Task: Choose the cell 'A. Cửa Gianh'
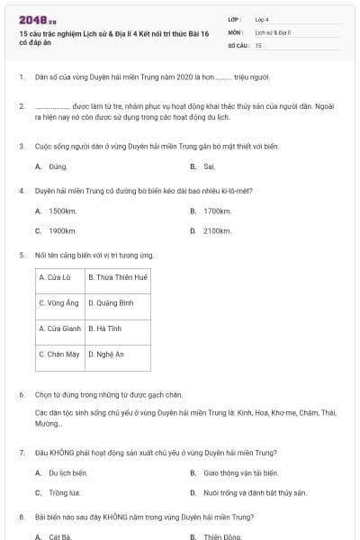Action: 59,328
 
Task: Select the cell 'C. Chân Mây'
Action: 59,355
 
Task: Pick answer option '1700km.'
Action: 217,211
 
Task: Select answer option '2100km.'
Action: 217,230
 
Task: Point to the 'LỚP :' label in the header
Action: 235,18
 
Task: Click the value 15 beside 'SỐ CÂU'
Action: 258,44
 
